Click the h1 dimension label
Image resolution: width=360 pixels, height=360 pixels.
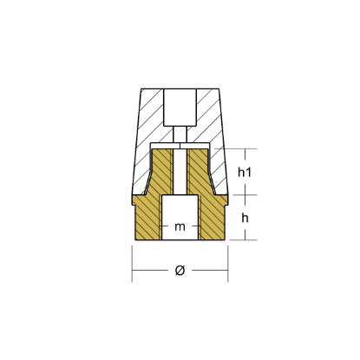click(x=245, y=172)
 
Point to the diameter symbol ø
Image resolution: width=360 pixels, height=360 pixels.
click(x=180, y=271)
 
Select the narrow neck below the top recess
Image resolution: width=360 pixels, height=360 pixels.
click(x=180, y=134)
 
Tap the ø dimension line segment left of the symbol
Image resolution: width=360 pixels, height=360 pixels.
click(x=152, y=271)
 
